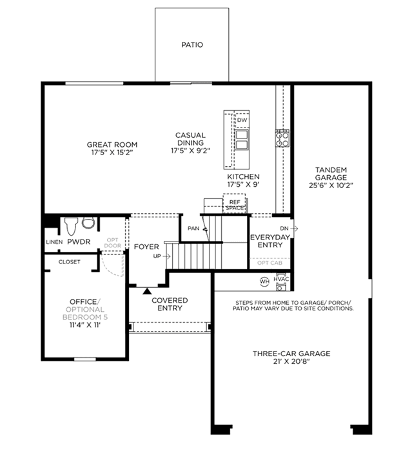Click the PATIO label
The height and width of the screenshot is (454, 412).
tap(192, 45)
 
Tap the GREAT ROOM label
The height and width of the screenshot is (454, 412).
tap(112, 144)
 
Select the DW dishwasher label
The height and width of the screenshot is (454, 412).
tap(242, 120)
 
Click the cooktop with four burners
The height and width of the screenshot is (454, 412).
tap(282, 138)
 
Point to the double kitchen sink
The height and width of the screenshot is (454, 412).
tap(242, 140)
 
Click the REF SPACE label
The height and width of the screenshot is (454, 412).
tap(235, 205)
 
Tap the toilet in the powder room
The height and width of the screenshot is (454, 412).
tap(72, 226)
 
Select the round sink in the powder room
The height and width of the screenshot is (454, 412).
tap(88, 223)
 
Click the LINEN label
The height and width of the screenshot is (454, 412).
tap(54, 242)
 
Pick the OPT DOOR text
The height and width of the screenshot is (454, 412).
tap(112, 243)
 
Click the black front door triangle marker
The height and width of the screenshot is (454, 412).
tap(147, 291)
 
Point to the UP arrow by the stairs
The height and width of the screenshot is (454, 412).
tap(167, 256)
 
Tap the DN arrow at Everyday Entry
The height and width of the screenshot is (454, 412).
tap(294, 229)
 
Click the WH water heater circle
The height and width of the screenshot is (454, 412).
tap(264, 281)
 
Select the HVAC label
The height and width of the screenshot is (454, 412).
tap(281, 279)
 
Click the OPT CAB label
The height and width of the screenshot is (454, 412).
tap(270, 263)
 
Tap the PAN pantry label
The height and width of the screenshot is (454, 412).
tap(193, 229)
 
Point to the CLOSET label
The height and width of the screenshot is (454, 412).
tap(69, 261)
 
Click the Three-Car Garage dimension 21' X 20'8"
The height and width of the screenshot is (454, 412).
tap(291, 361)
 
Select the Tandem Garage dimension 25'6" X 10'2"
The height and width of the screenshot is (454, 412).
tap(331, 185)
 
